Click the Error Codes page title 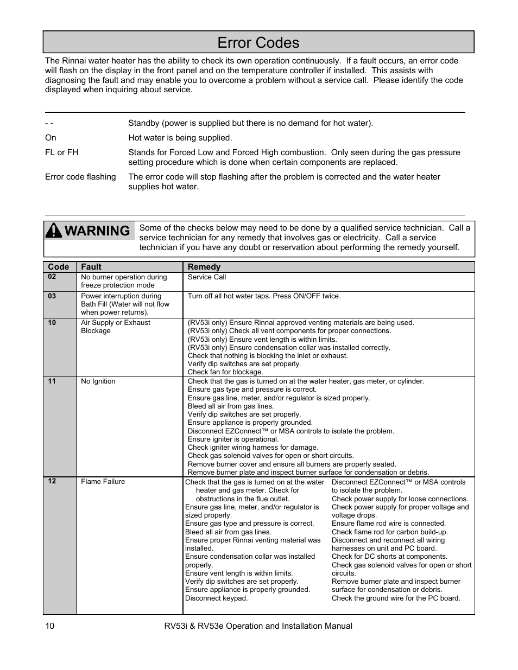pyautogui.click(x=258, y=43)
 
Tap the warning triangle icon pyautogui.click(x=54, y=231)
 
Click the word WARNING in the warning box pyautogui.click(x=97, y=231)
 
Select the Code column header pyautogui.click(x=59, y=267)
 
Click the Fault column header pyautogui.click(x=91, y=267)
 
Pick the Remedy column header pyautogui.click(x=204, y=267)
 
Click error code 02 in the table pyautogui.click(x=52, y=277)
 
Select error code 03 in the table pyautogui.click(x=52, y=296)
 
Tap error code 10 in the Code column pyautogui.click(x=52, y=323)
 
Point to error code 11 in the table pyautogui.click(x=52, y=381)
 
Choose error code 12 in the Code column pyautogui.click(x=52, y=481)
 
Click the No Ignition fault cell pyautogui.click(x=98, y=381)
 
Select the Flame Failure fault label pyautogui.click(x=103, y=482)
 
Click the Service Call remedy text pyautogui.click(x=207, y=277)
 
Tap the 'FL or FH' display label pyautogui.click(x=62, y=152)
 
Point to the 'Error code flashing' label pyautogui.click(x=80, y=177)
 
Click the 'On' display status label pyautogui.click(x=50, y=138)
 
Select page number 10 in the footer pyautogui.click(x=50, y=626)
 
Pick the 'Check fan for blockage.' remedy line pyautogui.click(x=225, y=372)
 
